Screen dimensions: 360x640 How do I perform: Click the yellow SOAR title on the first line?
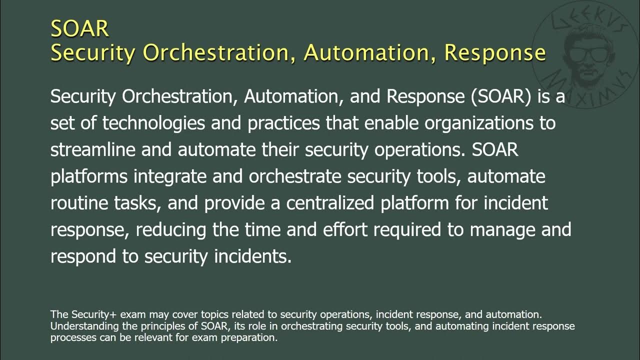(79, 28)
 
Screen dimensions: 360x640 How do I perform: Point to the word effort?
(345, 229)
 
